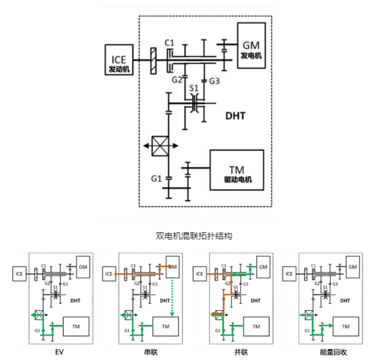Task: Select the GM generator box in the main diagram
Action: (x=251, y=49)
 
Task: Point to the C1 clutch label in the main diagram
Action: (x=170, y=42)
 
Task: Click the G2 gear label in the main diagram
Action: (x=177, y=79)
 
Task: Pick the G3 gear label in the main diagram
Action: (x=215, y=80)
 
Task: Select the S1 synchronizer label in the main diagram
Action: (x=194, y=89)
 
